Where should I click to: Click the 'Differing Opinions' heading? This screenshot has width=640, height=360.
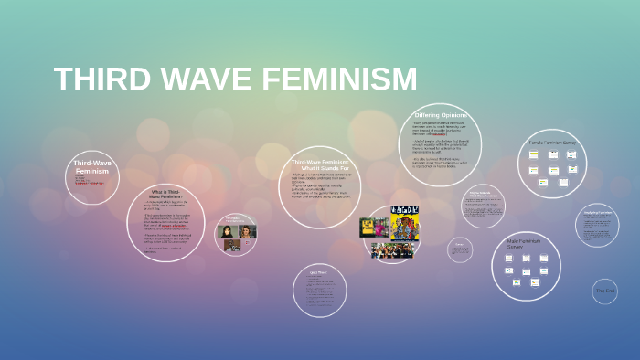tap(441, 114)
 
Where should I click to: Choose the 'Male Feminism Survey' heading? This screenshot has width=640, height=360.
tap(526, 243)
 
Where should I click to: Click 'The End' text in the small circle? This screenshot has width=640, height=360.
tap(605, 291)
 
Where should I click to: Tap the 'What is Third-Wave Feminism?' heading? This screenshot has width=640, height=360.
tap(165, 194)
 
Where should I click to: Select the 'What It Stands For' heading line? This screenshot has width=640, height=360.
tap(319, 168)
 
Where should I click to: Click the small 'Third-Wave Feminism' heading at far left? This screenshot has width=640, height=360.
tap(92, 167)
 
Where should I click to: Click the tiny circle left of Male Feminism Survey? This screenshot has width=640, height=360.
tap(460, 249)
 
